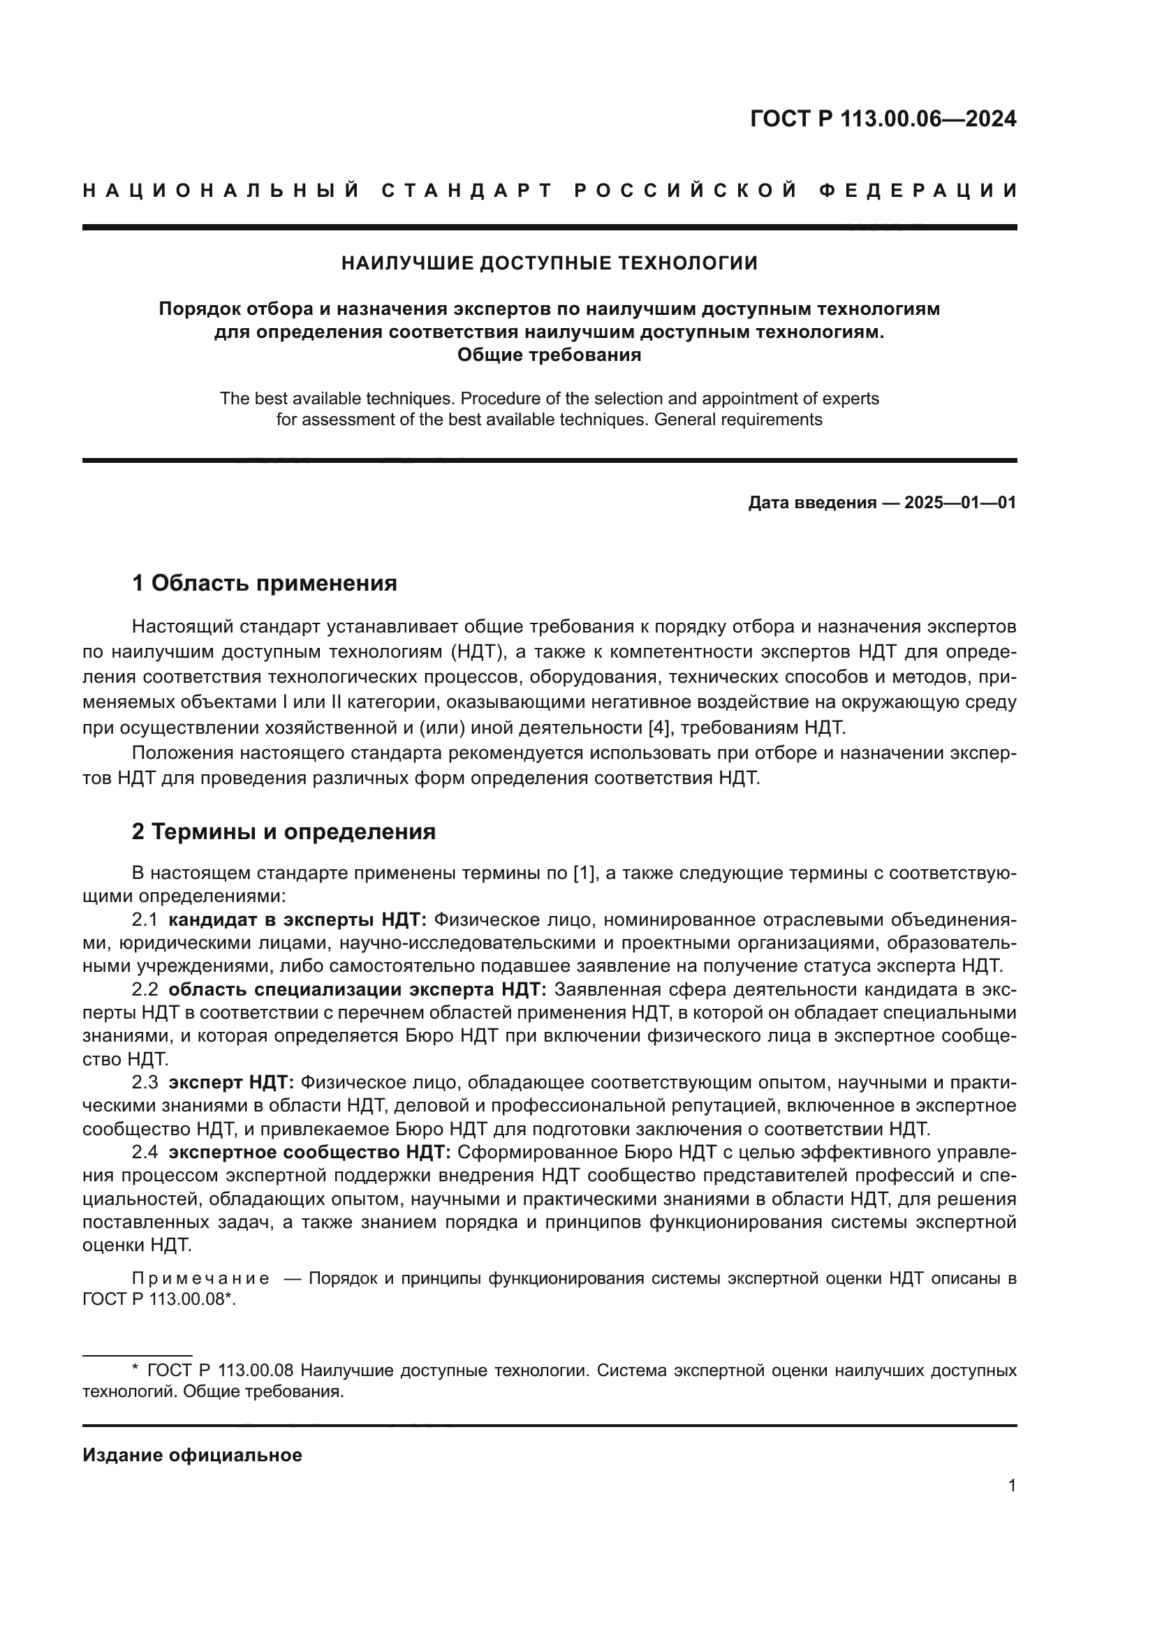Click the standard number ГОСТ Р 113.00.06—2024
tap(883, 119)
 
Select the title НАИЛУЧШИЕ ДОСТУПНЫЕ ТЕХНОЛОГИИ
tap(549, 263)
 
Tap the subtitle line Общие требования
tap(549, 354)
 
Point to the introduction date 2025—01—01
tap(959, 503)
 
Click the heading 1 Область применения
tap(264, 583)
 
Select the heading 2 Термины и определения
tap(283, 832)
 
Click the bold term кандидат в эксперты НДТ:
tap(297, 919)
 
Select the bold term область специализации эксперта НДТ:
tap(357, 989)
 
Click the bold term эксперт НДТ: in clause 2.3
tap(231, 1083)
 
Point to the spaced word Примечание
tap(200, 1278)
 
